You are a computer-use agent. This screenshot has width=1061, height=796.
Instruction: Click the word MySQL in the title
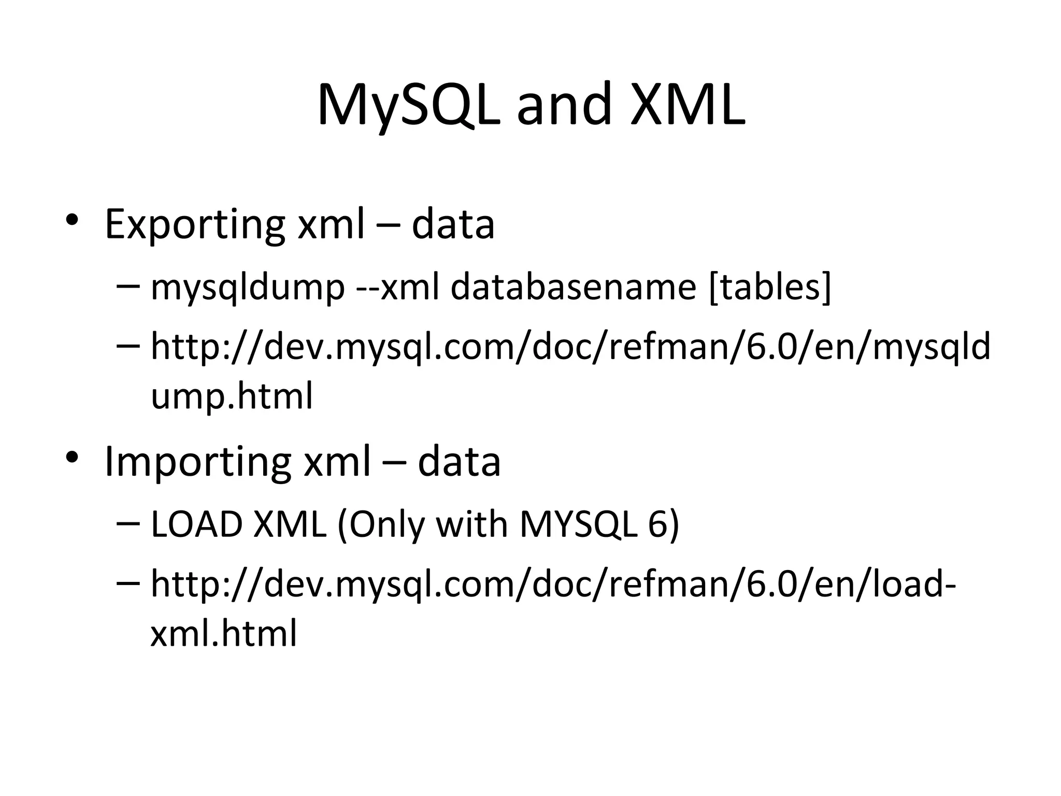click(x=408, y=105)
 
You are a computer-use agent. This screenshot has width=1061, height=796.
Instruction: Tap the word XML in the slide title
click(x=688, y=105)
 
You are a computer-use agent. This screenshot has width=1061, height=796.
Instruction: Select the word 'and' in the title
click(x=564, y=105)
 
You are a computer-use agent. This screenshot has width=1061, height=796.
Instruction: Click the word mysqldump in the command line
click(x=248, y=287)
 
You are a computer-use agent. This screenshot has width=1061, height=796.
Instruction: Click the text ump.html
click(x=232, y=396)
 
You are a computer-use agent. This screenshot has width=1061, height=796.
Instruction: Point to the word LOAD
click(x=196, y=524)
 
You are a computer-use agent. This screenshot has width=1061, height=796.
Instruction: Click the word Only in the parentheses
click(x=387, y=524)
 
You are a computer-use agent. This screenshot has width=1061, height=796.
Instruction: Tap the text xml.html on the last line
click(x=224, y=633)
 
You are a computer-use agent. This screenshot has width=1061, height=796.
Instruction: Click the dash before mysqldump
click(x=128, y=286)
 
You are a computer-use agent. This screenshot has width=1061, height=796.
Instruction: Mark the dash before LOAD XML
click(x=128, y=523)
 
